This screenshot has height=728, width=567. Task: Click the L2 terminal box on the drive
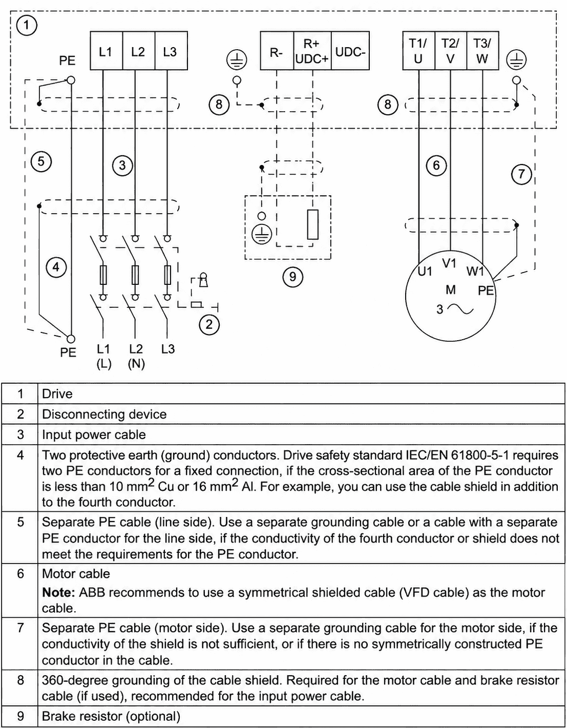pyautogui.click(x=139, y=51)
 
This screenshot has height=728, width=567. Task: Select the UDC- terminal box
pyautogui.click(x=350, y=51)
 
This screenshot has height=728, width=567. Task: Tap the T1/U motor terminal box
pyautogui.click(x=418, y=51)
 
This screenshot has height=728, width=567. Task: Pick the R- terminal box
pyautogui.click(x=277, y=51)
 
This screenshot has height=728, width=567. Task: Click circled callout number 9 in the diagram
pyautogui.click(x=292, y=277)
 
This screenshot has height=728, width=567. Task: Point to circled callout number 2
pyautogui.click(x=209, y=324)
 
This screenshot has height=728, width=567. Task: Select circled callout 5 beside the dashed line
pyautogui.click(x=41, y=161)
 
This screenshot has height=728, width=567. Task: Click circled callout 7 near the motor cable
pyautogui.click(x=521, y=174)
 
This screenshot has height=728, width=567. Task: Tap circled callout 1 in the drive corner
pyautogui.click(x=27, y=25)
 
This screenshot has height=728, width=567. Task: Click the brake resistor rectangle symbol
pyautogui.click(x=313, y=224)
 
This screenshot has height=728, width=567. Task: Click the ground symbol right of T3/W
pyautogui.click(x=516, y=60)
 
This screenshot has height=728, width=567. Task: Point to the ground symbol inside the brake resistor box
pyautogui.click(x=262, y=234)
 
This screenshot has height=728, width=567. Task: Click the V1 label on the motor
pyautogui.click(x=449, y=263)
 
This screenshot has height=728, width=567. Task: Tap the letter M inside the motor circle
pyautogui.click(x=451, y=289)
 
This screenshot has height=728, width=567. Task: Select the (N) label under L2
pyautogui.click(x=136, y=364)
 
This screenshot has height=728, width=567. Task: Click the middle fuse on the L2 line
pyautogui.click(x=135, y=275)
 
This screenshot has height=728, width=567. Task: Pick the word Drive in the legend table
pyautogui.click(x=57, y=393)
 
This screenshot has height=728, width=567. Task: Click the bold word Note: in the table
pyautogui.click(x=58, y=593)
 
